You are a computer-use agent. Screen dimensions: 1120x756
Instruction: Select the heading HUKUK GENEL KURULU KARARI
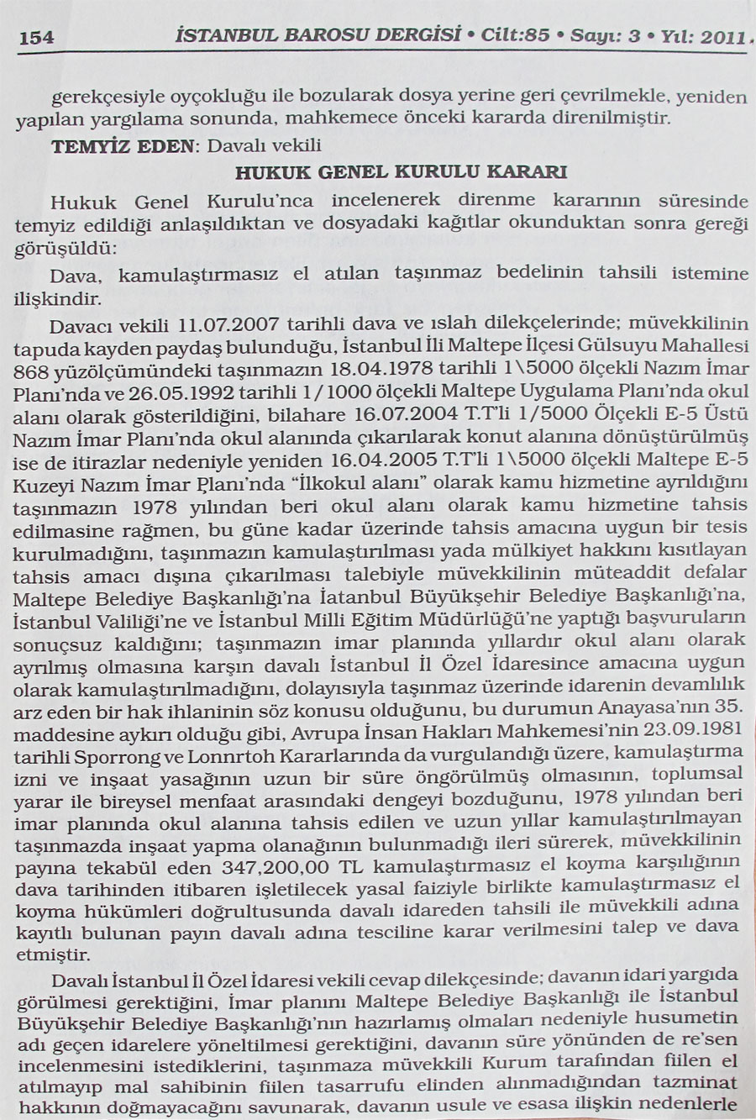pyautogui.click(x=401, y=173)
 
